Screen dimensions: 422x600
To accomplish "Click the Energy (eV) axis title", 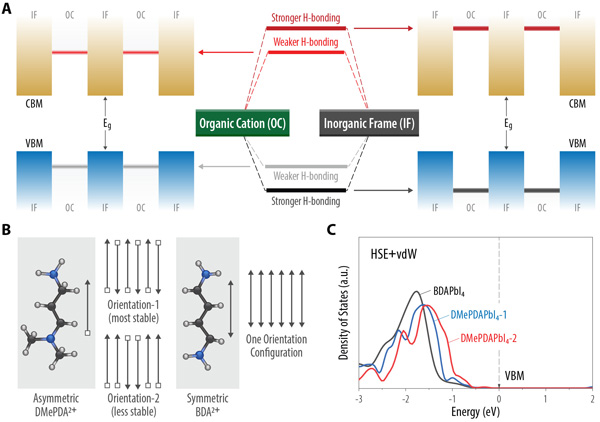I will (x=474, y=409).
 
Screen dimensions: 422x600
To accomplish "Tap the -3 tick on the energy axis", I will (x=359, y=397).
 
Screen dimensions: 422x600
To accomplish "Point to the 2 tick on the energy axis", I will (x=591, y=397).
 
